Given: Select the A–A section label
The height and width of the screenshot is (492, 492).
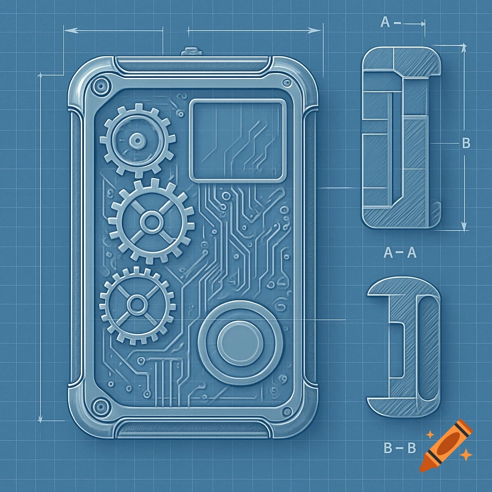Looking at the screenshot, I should (x=400, y=253).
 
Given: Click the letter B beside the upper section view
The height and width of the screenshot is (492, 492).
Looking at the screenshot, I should (x=465, y=144).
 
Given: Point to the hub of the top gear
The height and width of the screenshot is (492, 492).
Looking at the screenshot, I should (x=137, y=140).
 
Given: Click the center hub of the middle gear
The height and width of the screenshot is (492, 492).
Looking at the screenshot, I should (x=151, y=221).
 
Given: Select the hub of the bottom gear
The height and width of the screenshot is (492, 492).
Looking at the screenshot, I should (x=137, y=304).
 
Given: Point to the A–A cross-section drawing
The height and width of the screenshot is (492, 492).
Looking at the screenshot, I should (x=402, y=137).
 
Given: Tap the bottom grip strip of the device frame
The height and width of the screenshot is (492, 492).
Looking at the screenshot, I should (x=192, y=428).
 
